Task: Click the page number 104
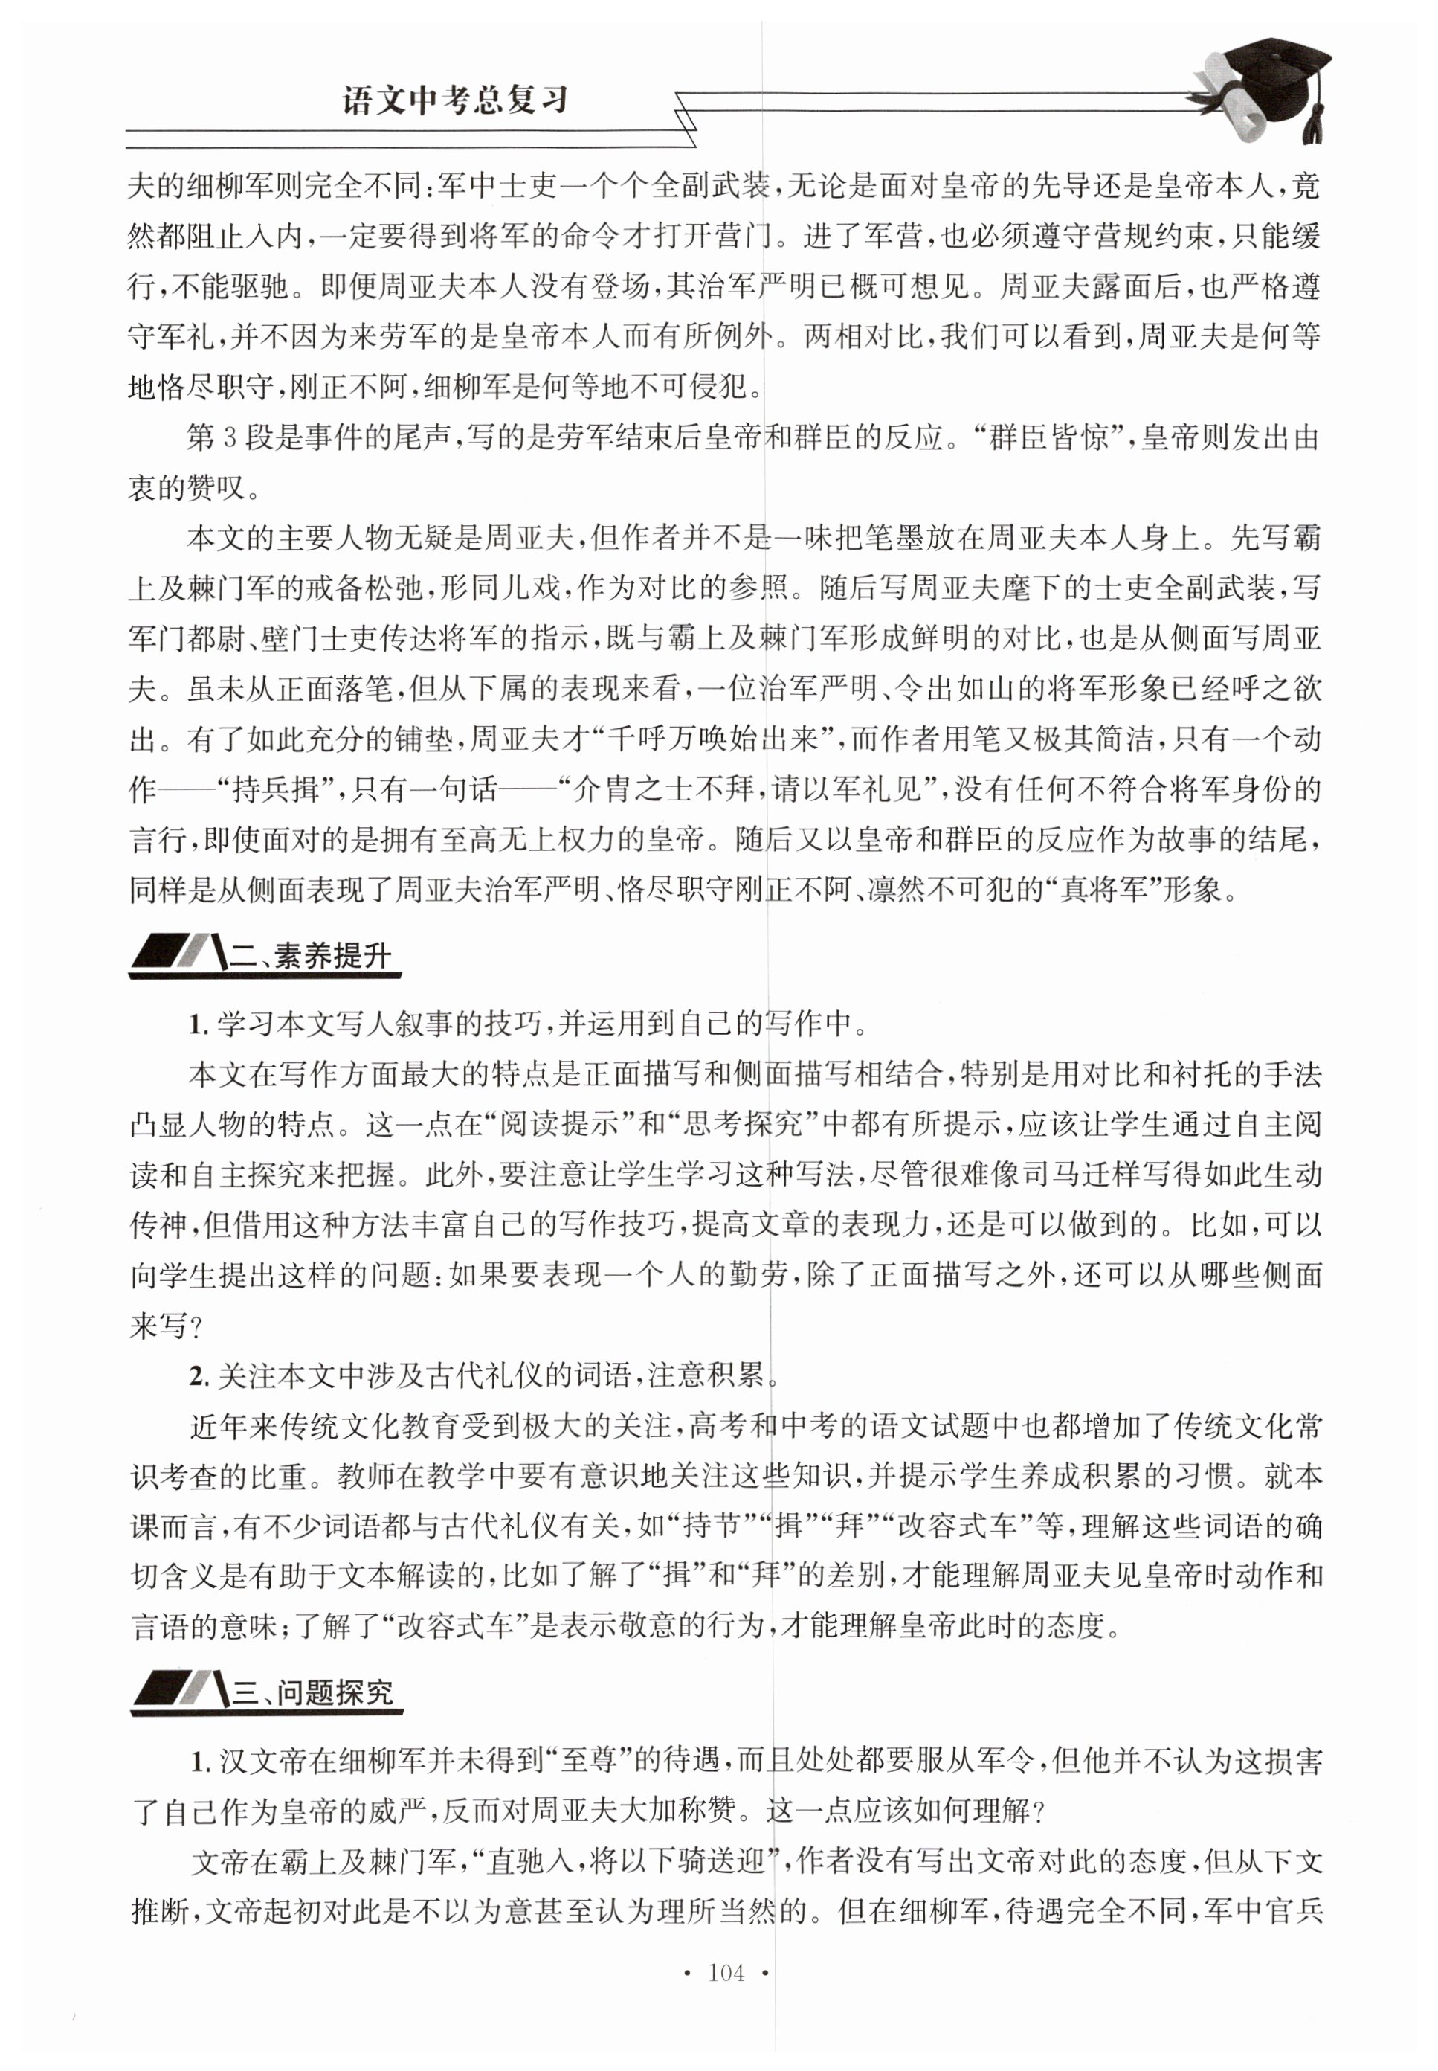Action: coord(726,1973)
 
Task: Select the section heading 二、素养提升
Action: coord(311,956)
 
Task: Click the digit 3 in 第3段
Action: coord(229,439)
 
